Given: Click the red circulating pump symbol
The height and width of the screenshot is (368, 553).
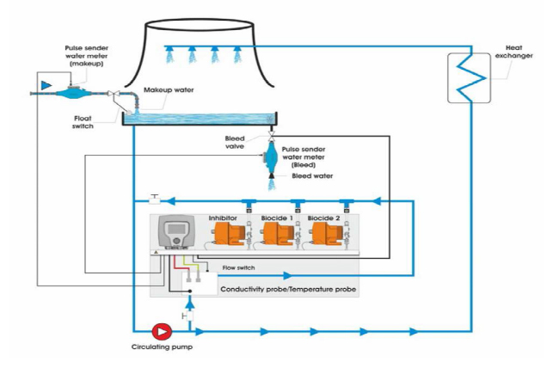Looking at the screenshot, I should pyautogui.click(x=160, y=330).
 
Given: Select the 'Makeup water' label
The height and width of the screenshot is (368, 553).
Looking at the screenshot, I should pyautogui.click(x=169, y=89).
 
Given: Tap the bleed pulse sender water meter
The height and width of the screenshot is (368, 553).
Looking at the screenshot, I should pyautogui.click(x=271, y=157).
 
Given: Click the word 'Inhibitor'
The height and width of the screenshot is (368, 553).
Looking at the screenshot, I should pyautogui.click(x=224, y=218).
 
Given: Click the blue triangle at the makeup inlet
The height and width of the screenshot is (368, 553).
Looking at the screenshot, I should pyautogui.click(x=46, y=85).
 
